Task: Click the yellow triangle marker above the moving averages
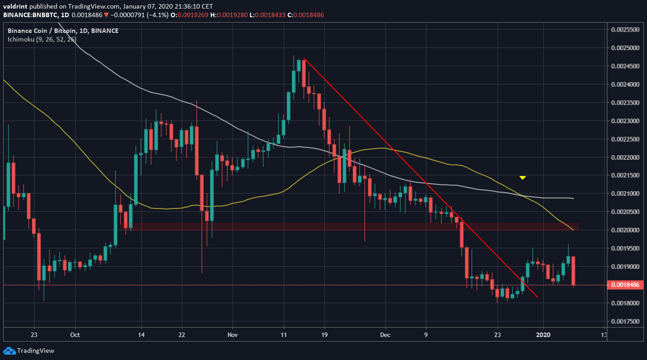pyautogui.click(x=522, y=178)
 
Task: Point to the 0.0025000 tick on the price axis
pyautogui.click(x=624, y=48)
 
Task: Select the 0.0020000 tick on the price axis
pyautogui.click(x=624, y=230)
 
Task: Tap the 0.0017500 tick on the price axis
pyautogui.click(x=624, y=322)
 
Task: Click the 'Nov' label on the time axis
pyautogui.click(x=233, y=335)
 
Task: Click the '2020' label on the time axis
pyautogui.click(x=543, y=335)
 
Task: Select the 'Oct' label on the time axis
pyautogui.click(x=75, y=335)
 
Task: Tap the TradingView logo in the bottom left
pyautogui.click(x=29, y=351)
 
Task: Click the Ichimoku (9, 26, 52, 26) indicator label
pyautogui.click(x=42, y=39)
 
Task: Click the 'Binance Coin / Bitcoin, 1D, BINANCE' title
pyautogui.click(x=63, y=31)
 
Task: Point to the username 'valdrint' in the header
pyautogui.click(x=15, y=6)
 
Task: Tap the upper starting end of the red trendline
pyautogui.click(x=304, y=59)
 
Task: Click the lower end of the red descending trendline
pyautogui.click(x=537, y=297)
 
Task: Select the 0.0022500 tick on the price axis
pyautogui.click(x=624, y=139)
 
